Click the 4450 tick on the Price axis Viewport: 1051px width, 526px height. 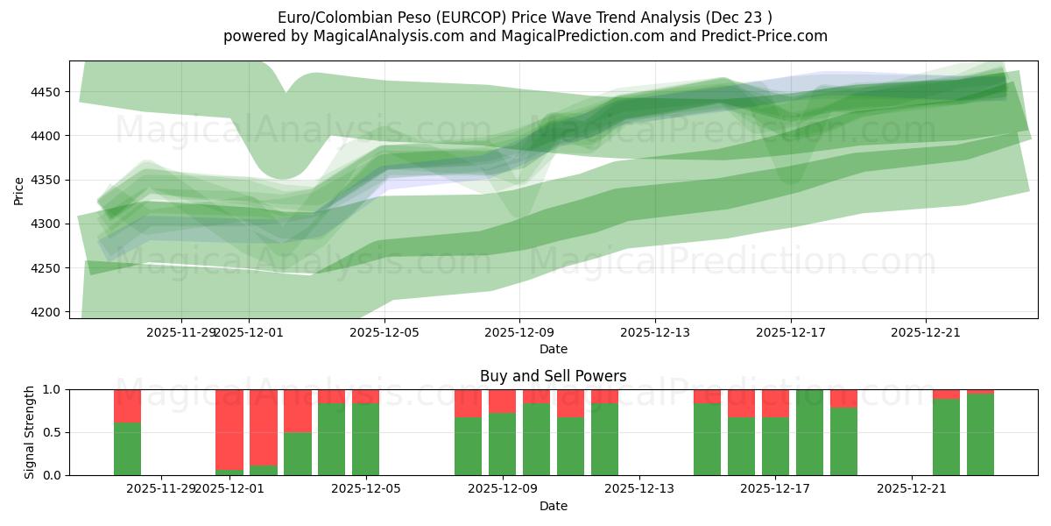tap(49, 92)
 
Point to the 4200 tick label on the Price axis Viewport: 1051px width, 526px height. tap(49, 312)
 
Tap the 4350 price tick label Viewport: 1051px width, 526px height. tap(49, 181)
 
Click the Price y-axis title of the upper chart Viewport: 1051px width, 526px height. tap(19, 189)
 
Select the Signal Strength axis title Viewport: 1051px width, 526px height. tap(29, 432)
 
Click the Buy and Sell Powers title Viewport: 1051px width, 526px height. tap(553, 376)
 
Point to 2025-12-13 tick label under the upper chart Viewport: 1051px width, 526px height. tap(655, 332)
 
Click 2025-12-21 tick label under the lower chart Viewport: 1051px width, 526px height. tap(912, 489)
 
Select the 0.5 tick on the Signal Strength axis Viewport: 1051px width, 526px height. tap(51, 432)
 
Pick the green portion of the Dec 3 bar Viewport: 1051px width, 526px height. tap(298, 453)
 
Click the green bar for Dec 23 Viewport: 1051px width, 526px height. tap(980, 435)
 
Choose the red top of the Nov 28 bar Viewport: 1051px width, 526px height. tap(127, 406)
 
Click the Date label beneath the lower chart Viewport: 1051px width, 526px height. tap(553, 506)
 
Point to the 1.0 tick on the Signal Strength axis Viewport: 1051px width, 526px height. tap(51, 389)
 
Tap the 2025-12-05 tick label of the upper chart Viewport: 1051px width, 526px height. tap(384, 332)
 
